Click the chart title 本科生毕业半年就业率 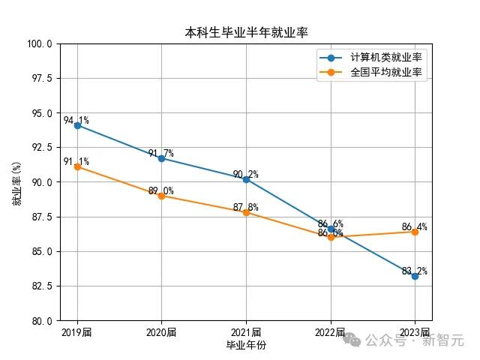tap(247, 32)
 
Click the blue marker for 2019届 tap(77, 125)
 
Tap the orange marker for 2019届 tap(77, 166)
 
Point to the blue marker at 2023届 tap(415, 276)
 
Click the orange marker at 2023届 tap(415, 232)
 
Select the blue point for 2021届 tap(246, 179)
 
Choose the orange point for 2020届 tap(161, 196)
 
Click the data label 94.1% tap(76, 120)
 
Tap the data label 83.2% tap(414, 271)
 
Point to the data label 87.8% tap(245, 207)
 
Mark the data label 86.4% tap(414, 226)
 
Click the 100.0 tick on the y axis tap(40, 43)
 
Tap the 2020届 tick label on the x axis tap(161, 332)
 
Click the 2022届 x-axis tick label tap(330, 332)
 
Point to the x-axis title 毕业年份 tap(246, 345)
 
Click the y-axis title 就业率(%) tap(16, 182)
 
